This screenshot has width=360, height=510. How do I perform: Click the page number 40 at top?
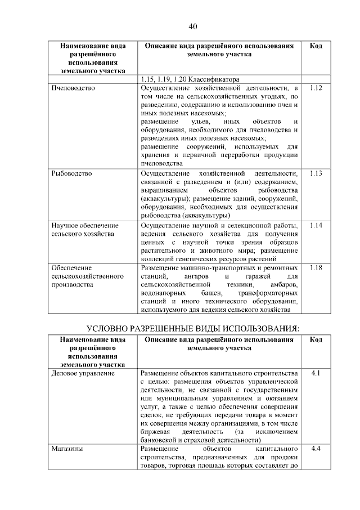[192, 26]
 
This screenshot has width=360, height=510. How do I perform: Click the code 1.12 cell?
[316, 89]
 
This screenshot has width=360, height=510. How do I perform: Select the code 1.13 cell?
[316, 173]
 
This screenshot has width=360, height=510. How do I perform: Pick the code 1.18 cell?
[316, 268]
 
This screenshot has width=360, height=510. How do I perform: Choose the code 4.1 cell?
[316, 373]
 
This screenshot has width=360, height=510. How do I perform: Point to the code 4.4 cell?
[316, 449]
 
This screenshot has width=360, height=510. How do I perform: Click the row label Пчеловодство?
[73, 89]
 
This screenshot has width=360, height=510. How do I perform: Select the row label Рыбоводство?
[71, 173]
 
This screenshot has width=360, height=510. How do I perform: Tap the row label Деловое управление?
[83, 373]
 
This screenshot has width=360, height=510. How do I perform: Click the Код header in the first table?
[316, 46]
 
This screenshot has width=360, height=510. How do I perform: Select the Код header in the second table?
[316, 340]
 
